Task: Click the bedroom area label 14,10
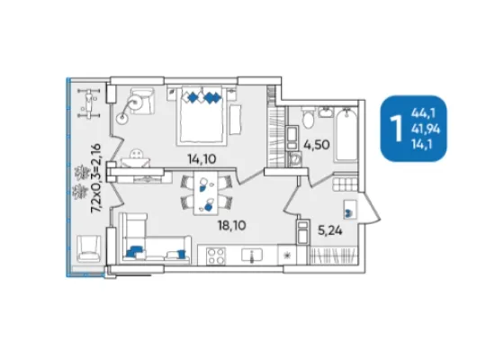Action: pyautogui.click(x=202, y=159)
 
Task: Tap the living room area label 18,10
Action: pyautogui.click(x=232, y=225)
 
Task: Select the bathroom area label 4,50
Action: pyautogui.click(x=317, y=145)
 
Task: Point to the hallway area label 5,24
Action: pyautogui.click(x=329, y=230)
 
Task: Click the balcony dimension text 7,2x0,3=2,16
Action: pyautogui.click(x=96, y=178)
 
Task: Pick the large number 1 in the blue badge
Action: pyautogui.click(x=396, y=129)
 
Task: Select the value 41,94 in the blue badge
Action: pyautogui.click(x=426, y=129)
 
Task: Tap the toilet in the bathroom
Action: pyautogui.click(x=308, y=118)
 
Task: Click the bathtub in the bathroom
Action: pyautogui.click(x=346, y=135)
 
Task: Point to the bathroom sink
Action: pyautogui.click(x=326, y=112)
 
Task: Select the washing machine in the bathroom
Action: pyautogui.click(x=295, y=159)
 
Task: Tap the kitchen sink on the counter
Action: pyautogui.click(x=252, y=255)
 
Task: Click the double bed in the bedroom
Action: pyautogui.click(x=202, y=115)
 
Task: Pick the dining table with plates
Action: pyautogui.click(x=206, y=193)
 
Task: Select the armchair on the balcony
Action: pyautogui.click(x=88, y=247)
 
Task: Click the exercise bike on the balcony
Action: pyautogui.click(x=89, y=103)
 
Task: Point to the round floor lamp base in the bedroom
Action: pyautogui.click(x=122, y=118)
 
